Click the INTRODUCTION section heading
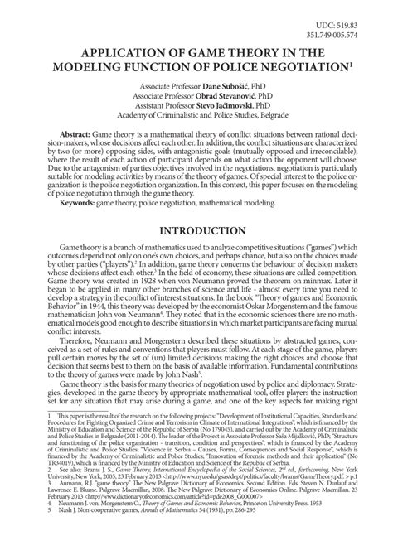click(x=196, y=229)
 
